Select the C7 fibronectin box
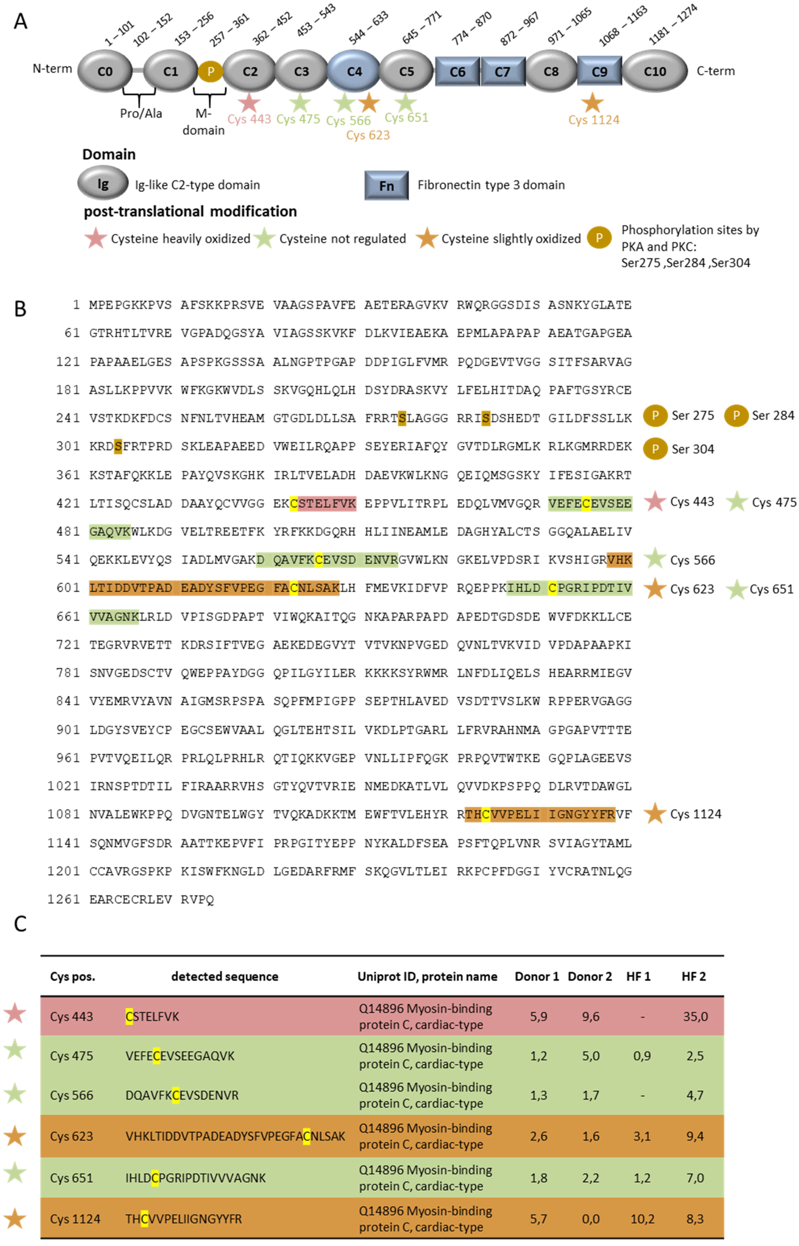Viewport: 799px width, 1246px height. (x=502, y=72)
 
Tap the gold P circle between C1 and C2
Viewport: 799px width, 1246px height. (x=211, y=72)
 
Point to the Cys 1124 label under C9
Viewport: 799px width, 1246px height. (x=594, y=120)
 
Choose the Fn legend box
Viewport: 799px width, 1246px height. (x=386, y=185)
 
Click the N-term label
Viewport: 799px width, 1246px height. (x=52, y=68)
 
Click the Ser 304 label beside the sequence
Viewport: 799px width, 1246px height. (x=693, y=449)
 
